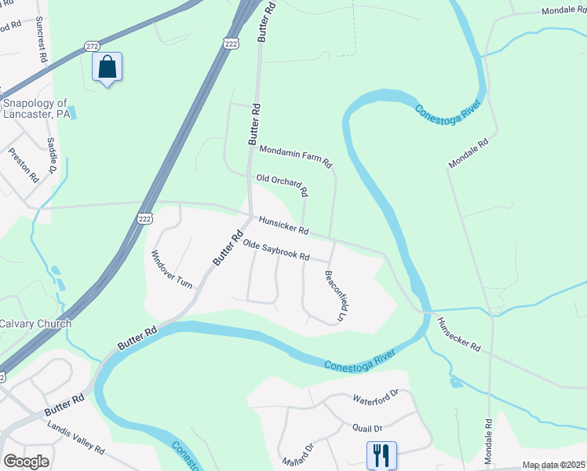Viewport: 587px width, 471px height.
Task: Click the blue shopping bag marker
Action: tap(107, 68)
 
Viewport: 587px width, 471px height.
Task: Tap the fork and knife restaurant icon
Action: tap(381, 455)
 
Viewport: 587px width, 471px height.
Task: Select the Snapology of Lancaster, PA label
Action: tap(37, 108)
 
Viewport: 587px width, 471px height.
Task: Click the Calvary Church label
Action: tap(35, 323)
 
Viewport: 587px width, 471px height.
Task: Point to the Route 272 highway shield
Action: tap(93, 46)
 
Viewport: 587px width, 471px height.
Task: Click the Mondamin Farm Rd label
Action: tap(296, 156)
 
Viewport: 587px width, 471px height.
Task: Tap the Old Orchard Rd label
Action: tap(282, 185)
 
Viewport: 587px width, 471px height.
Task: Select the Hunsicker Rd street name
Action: tap(284, 228)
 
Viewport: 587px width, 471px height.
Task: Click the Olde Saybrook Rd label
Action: tap(276, 251)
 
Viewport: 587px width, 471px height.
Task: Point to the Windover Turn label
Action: tap(171, 269)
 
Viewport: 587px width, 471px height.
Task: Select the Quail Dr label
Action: tap(366, 428)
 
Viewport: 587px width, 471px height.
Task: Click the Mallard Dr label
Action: tap(299, 456)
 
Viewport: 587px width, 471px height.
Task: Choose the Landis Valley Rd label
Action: tap(75, 438)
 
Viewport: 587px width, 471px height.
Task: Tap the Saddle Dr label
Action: tap(52, 155)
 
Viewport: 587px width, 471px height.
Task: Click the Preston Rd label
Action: tap(24, 166)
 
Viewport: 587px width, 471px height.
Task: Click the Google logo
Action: tap(26, 462)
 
